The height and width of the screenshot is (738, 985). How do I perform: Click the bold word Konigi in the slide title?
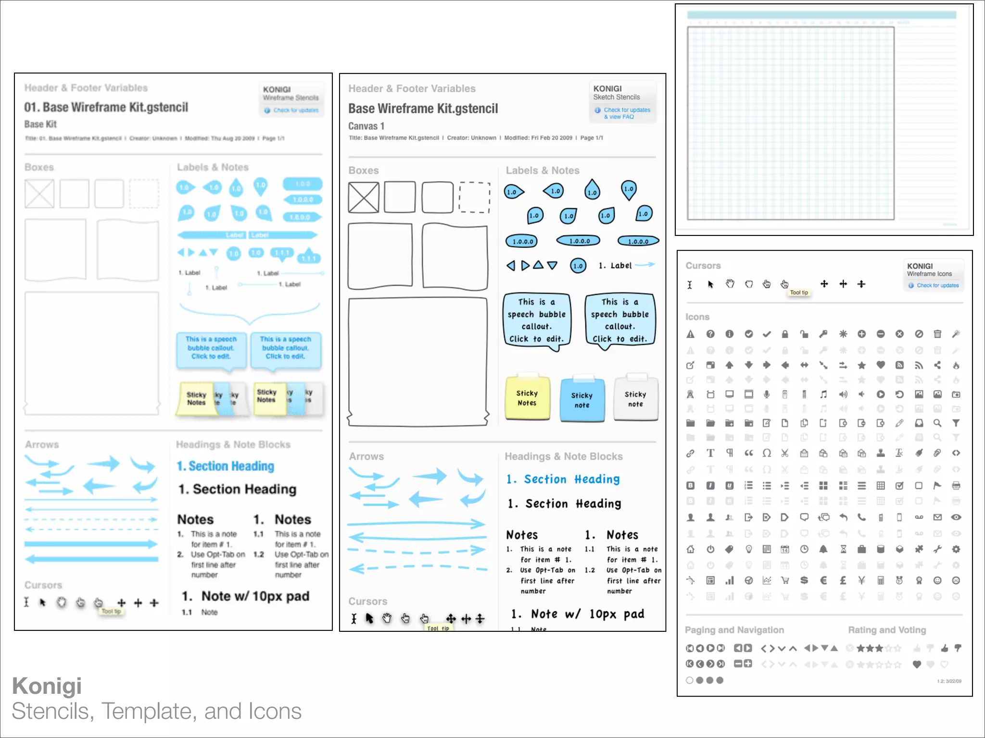(47, 686)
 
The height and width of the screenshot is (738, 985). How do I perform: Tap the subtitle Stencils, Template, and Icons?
(156, 712)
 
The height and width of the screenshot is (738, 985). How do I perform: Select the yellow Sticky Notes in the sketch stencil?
(527, 398)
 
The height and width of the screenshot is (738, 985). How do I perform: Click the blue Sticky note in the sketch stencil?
(582, 400)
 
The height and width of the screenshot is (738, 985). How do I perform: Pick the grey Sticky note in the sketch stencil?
(635, 399)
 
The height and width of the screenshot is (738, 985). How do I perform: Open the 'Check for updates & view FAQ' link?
(626, 113)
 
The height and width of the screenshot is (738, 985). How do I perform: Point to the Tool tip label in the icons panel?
(799, 293)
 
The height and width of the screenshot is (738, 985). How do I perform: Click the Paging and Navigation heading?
(734, 630)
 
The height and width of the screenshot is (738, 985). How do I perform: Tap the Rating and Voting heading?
(886, 630)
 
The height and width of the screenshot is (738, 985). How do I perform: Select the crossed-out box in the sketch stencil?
(364, 197)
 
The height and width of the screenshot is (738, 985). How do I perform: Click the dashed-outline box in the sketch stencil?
(474, 197)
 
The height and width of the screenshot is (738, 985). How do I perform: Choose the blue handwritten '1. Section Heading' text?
(563, 479)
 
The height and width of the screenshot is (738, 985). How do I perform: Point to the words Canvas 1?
(366, 126)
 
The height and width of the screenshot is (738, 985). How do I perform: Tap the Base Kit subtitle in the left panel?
(40, 124)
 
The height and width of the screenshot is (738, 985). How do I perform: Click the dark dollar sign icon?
(804, 580)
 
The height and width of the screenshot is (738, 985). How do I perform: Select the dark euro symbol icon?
(823, 580)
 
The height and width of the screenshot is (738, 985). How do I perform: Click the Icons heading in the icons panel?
(697, 317)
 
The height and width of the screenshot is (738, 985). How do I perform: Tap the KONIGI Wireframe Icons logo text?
(929, 270)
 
